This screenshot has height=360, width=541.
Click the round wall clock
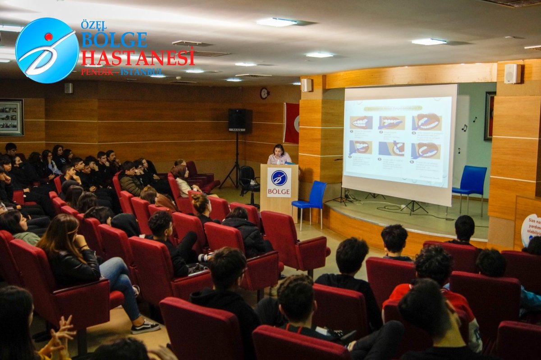click(x=264, y=93)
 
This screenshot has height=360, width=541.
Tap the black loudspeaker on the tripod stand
click(x=237, y=120)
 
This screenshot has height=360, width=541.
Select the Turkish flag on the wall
click(x=292, y=123)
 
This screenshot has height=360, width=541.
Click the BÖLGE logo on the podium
click(x=279, y=182)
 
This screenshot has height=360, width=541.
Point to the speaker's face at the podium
click(x=279, y=150)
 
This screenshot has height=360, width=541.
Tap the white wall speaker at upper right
click(x=512, y=74)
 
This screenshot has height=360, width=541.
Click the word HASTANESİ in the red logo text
click(x=138, y=58)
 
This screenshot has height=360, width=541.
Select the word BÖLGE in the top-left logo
click(x=114, y=40)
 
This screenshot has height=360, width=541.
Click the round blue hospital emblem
click(x=47, y=50)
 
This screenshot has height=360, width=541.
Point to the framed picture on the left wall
click(x=11, y=117)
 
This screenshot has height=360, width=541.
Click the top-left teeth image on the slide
click(x=362, y=123)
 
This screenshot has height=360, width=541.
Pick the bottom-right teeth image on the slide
click(x=426, y=150)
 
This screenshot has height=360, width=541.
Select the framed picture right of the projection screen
click(x=490, y=116)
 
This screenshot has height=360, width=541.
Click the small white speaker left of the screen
click(x=307, y=85)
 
